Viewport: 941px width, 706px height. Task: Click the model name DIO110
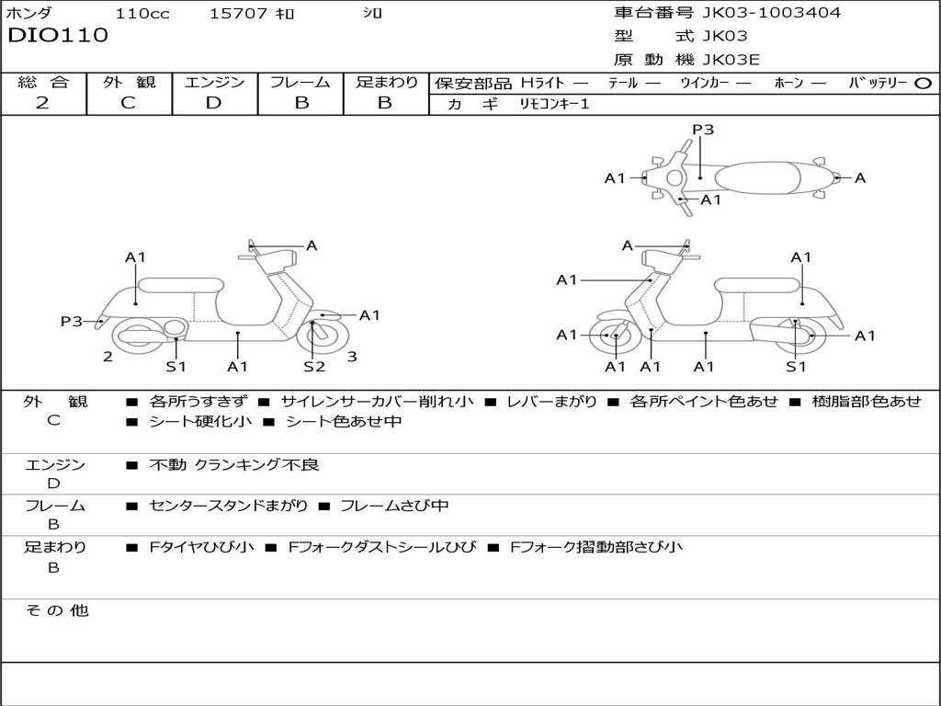pyautogui.click(x=58, y=35)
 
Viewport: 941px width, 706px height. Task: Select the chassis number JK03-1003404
pyautogui.click(x=771, y=13)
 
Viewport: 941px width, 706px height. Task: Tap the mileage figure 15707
pyautogui.click(x=238, y=13)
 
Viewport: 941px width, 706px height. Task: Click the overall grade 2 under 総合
pyautogui.click(x=42, y=103)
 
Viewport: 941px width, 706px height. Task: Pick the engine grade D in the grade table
pyautogui.click(x=213, y=103)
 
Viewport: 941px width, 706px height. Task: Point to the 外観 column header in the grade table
pyautogui.click(x=129, y=82)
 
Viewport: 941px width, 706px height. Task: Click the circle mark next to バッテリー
pyautogui.click(x=923, y=84)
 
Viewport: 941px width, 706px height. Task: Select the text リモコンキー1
pyautogui.click(x=554, y=104)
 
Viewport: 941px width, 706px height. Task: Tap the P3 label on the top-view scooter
pyautogui.click(x=703, y=130)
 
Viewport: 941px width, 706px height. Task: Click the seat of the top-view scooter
pyautogui.click(x=757, y=178)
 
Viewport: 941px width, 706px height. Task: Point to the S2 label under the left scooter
pyautogui.click(x=314, y=366)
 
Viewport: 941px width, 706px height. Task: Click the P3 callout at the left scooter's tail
pyautogui.click(x=72, y=322)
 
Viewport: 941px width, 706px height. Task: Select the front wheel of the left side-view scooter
pyautogui.click(x=327, y=336)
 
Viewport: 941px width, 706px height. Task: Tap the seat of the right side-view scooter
pyautogui.click(x=757, y=286)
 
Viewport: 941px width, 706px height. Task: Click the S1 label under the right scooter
pyautogui.click(x=796, y=366)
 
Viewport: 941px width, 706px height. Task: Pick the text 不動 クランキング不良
pyautogui.click(x=234, y=464)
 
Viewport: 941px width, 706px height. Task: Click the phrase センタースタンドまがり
pyautogui.click(x=229, y=506)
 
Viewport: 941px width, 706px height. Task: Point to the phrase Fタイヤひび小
pyautogui.click(x=201, y=547)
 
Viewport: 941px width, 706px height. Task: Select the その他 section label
pyautogui.click(x=57, y=610)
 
